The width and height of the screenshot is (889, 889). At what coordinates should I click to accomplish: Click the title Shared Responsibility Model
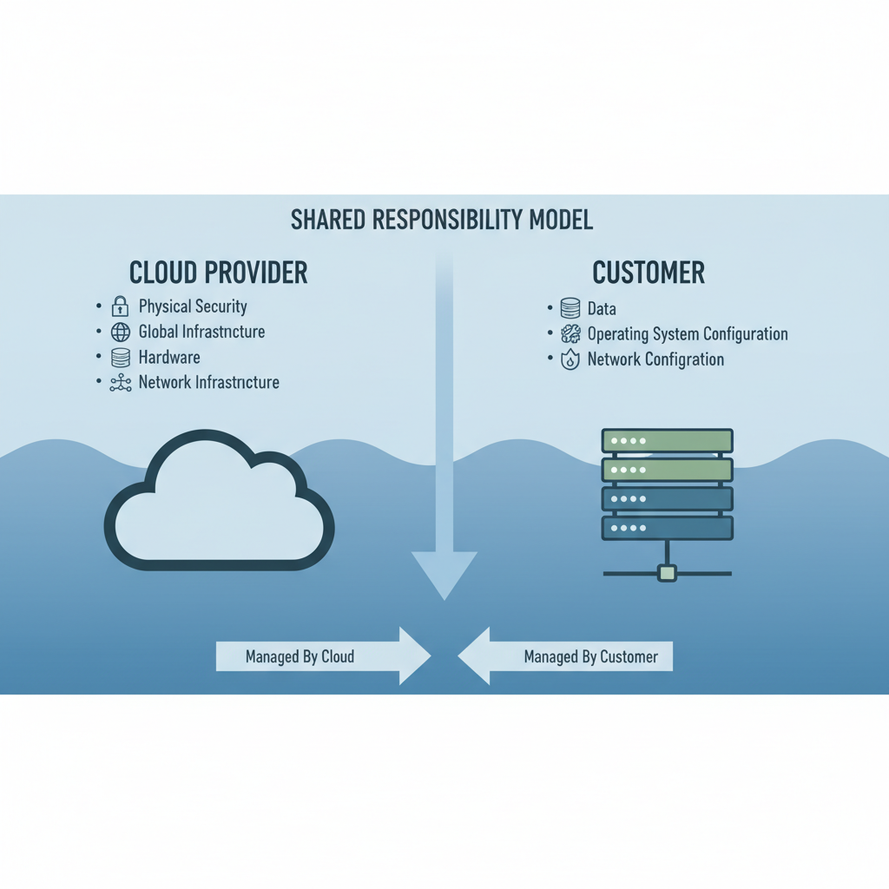pos(442,220)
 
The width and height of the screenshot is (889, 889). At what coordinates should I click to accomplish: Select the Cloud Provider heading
pos(218,273)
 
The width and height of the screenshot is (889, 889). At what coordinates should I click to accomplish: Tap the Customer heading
pos(649,273)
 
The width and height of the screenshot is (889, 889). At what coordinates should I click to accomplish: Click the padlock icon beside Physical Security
pos(120,306)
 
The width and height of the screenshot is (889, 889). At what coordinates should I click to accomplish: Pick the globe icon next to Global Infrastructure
pos(121,332)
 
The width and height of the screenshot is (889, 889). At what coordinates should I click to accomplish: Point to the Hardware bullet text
pos(169,357)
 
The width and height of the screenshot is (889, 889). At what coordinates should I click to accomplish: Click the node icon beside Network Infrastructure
pos(121,383)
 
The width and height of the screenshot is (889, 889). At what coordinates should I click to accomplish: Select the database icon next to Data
pos(570,308)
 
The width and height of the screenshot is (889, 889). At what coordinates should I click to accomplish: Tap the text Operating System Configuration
pos(688,334)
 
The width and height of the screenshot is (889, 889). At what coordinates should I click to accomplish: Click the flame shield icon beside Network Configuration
pos(570,359)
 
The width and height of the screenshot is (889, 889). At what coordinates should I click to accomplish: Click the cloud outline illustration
pos(219,504)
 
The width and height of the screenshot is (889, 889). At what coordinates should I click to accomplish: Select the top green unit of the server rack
pos(668,441)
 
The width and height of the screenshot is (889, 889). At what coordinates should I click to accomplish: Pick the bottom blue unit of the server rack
pos(668,528)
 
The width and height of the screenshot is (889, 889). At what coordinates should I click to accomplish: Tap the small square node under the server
pos(667,572)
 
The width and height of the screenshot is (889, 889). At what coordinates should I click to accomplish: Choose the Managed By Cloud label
pos(300,657)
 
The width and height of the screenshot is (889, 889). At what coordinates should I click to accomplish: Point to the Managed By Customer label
pos(591,657)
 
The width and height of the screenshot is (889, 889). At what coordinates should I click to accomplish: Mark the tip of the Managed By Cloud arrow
pos(429,656)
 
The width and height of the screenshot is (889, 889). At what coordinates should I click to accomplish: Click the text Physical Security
pos(193,306)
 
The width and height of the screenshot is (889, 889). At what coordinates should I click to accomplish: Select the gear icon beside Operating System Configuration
pos(570,334)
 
